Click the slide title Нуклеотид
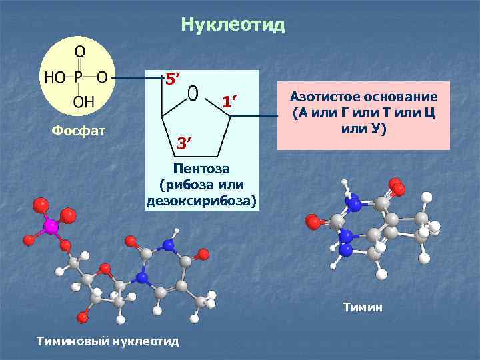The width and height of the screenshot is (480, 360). [233, 25]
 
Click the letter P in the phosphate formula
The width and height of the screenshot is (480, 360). [78, 77]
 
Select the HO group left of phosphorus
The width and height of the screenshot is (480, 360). [55, 77]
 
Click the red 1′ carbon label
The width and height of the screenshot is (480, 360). [230, 101]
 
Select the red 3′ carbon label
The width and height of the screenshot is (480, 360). [184, 143]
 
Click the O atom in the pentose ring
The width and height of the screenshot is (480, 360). [193, 93]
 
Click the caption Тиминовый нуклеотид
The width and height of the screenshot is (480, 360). [109, 341]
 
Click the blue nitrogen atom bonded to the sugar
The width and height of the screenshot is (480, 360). [141, 277]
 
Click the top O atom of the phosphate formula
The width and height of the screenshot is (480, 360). [79, 51]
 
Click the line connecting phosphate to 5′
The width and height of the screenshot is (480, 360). [137, 77]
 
